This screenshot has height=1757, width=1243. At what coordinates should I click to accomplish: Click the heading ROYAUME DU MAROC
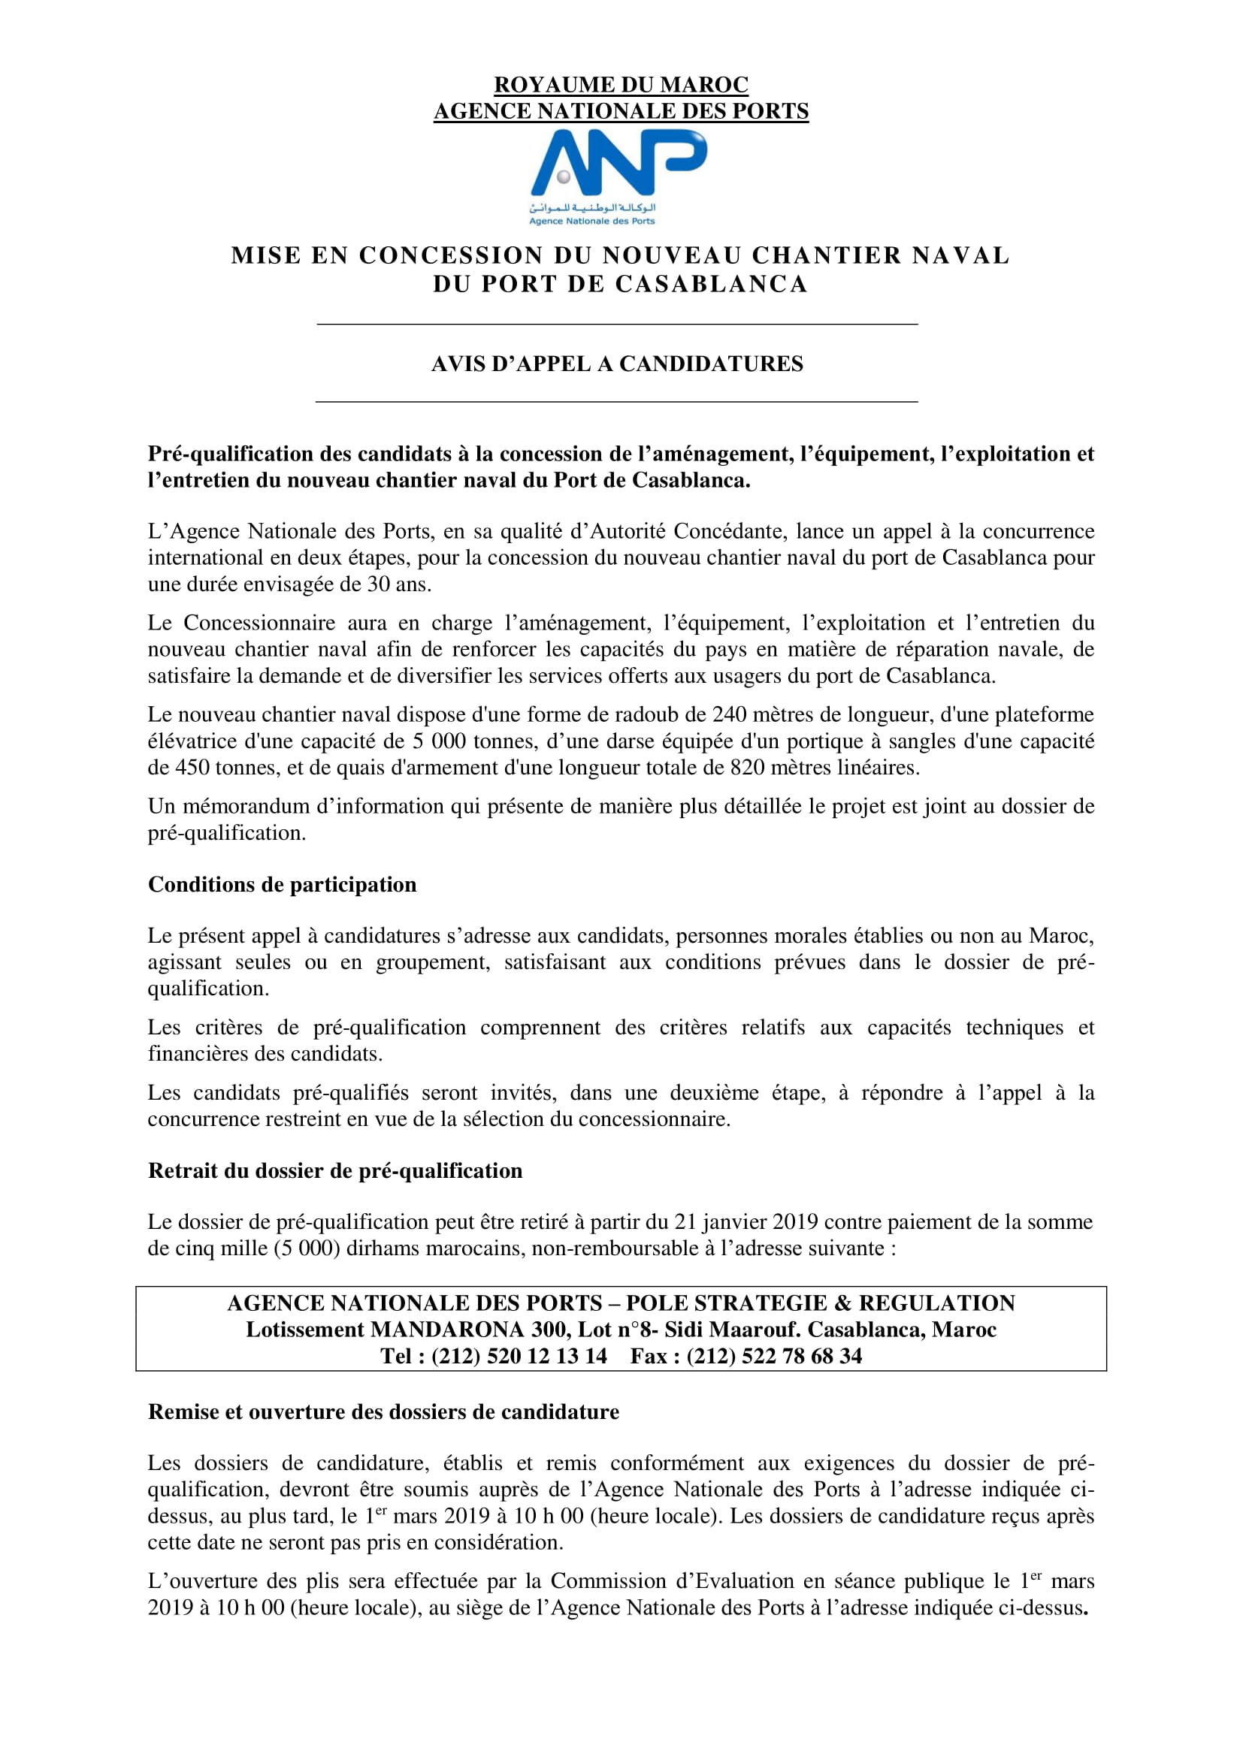(x=621, y=84)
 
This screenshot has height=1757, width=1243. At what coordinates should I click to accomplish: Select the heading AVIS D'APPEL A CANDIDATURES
(x=617, y=364)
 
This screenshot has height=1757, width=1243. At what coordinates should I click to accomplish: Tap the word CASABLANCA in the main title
(x=711, y=284)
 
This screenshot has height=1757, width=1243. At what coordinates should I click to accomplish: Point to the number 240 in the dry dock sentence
(x=730, y=714)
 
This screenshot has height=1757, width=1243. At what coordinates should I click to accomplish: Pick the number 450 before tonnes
(x=193, y=768)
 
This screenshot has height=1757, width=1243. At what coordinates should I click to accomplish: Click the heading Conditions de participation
(x=282, y=885)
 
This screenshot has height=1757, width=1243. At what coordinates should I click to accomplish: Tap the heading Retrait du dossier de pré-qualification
(x=334, y=1171)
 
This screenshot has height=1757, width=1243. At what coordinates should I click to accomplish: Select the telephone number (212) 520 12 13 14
(x=519, y=1356)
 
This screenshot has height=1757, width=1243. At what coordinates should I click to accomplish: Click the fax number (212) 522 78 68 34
(x=774, y=1356)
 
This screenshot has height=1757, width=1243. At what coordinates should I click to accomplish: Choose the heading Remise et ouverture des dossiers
(x=383, y=1412)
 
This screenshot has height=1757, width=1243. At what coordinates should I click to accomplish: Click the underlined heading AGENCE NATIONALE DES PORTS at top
(x=621, y=111)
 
